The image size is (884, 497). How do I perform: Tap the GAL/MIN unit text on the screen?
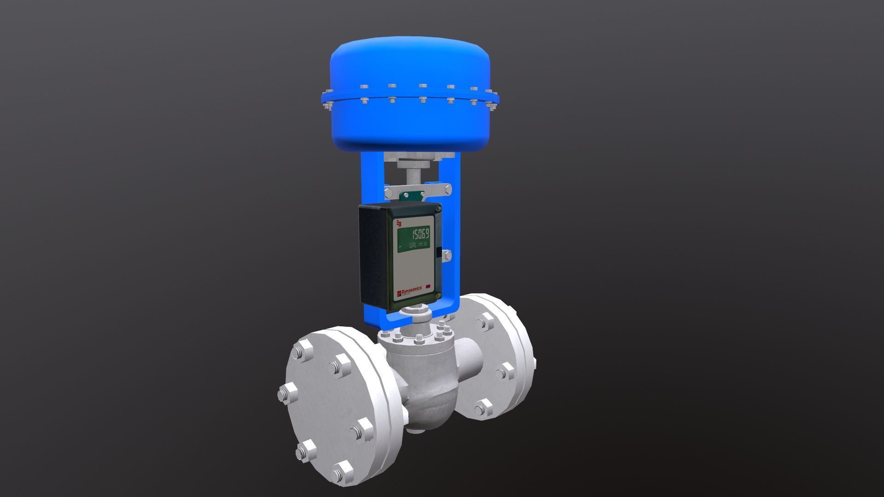pyautogui.click(x=418, y=245)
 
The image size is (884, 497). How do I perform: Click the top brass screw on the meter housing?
pyautogui.click(x=438, y=210)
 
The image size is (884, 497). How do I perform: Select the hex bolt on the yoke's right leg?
pyautogui.click(x=447, y=255)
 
